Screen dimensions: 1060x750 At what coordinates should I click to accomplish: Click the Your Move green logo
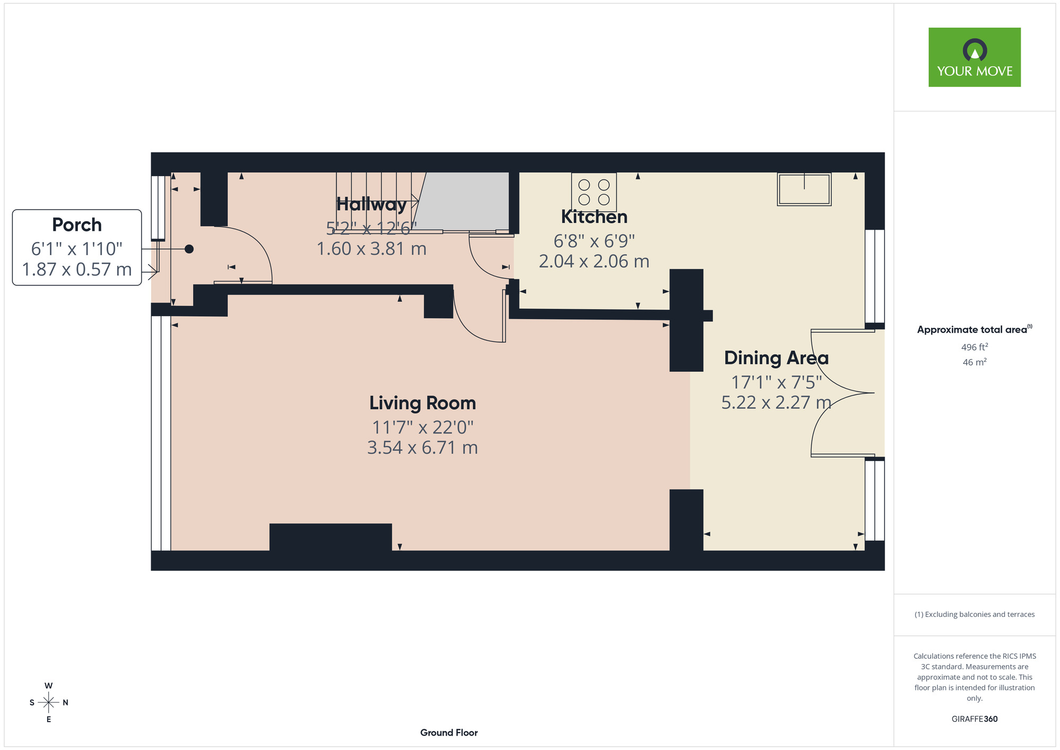coord(974,57)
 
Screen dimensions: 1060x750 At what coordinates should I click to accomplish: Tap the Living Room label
coord(422,403)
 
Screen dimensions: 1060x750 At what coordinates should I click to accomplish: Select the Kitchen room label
coord(594,217)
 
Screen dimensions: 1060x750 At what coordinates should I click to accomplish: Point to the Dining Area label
coord(776,358)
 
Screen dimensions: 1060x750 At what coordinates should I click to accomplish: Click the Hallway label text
coord(372,204)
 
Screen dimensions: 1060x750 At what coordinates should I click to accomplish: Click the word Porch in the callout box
coord(77,225)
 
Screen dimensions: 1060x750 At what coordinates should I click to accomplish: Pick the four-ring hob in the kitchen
coord(594,192)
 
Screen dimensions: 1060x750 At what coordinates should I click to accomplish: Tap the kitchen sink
coord(804,189)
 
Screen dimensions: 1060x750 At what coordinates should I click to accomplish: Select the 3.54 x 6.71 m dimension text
coord(422,448)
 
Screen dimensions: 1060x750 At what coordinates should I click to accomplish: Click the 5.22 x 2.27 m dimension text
coord(776,403)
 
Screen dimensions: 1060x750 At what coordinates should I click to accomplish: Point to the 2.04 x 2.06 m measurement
coord(594,261)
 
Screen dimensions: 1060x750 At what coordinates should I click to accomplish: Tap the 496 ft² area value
coord(975,347)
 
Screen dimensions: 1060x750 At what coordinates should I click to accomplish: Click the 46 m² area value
coord(975,362)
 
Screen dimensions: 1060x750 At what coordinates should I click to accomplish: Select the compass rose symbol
coord(49,702)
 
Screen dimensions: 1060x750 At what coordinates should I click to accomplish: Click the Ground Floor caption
coord(449,732)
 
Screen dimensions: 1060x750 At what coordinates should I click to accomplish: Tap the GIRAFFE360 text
coord(975,719)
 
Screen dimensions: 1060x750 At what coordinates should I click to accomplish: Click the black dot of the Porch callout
coord(189,249)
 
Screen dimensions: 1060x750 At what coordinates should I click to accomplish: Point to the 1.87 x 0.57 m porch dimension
coord(77,269)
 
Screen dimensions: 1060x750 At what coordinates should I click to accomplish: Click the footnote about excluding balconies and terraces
coord(975,614)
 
